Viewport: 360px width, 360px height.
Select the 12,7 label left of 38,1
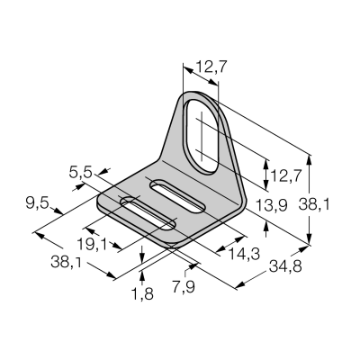[x=285, y=175]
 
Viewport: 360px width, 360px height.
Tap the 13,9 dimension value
[x=272, y=205]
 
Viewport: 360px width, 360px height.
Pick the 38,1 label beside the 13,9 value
[x=314, y=205]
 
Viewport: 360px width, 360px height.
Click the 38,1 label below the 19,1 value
[x=66, y=262]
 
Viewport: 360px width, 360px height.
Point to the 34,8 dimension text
[x=285, y=266]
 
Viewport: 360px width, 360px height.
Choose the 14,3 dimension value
[x=244, y=255]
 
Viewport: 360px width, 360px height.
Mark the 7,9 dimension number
[x=184, y=287]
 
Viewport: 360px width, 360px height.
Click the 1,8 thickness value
[x=142, y=294]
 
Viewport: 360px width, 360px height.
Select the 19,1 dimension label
[x=92, y=244]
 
